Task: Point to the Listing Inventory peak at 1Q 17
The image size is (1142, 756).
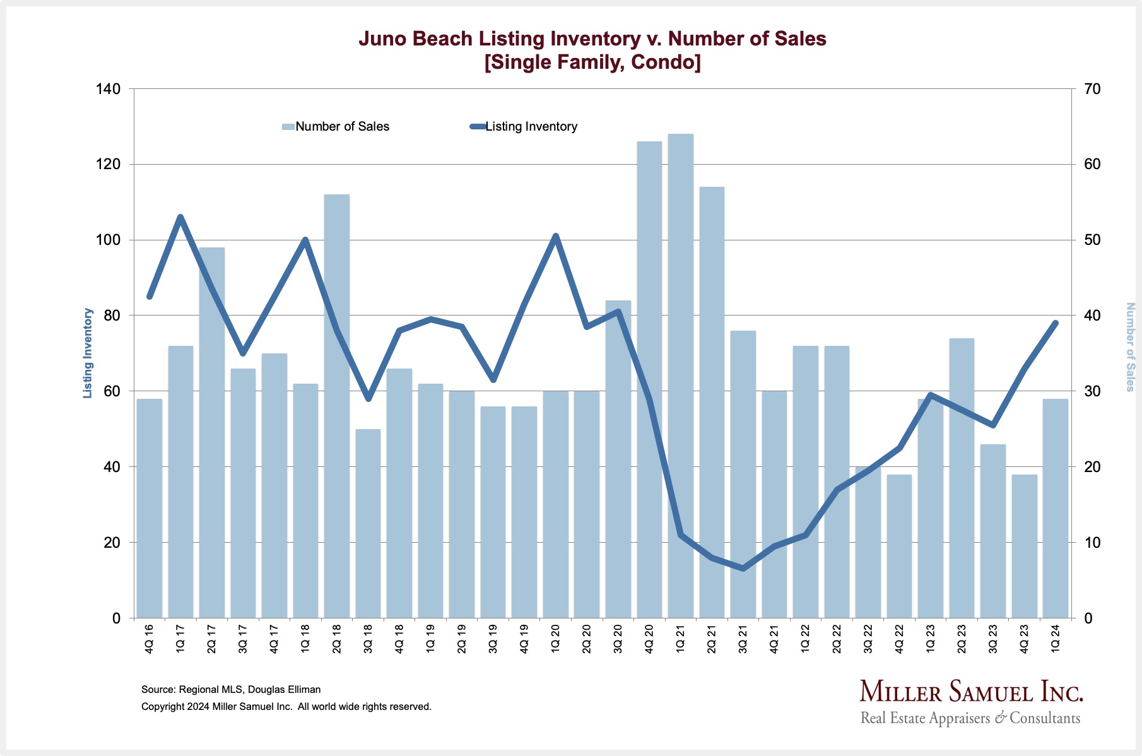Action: (180, 218)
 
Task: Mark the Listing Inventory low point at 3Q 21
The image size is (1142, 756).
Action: (743, 569)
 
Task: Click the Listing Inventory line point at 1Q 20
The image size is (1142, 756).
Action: (555, 237)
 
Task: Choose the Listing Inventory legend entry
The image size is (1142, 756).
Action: (531, 127)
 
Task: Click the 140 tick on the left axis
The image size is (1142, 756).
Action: (108, 89)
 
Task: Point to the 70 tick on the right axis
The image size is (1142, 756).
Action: (1092, 89)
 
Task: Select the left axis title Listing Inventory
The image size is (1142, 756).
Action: (88, 353)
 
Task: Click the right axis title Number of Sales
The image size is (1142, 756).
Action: (1130, 347)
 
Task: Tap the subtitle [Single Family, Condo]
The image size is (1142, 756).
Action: (592, 62)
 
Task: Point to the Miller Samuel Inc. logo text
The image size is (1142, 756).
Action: (971, 692)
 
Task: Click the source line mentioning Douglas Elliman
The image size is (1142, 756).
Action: (231, 690)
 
